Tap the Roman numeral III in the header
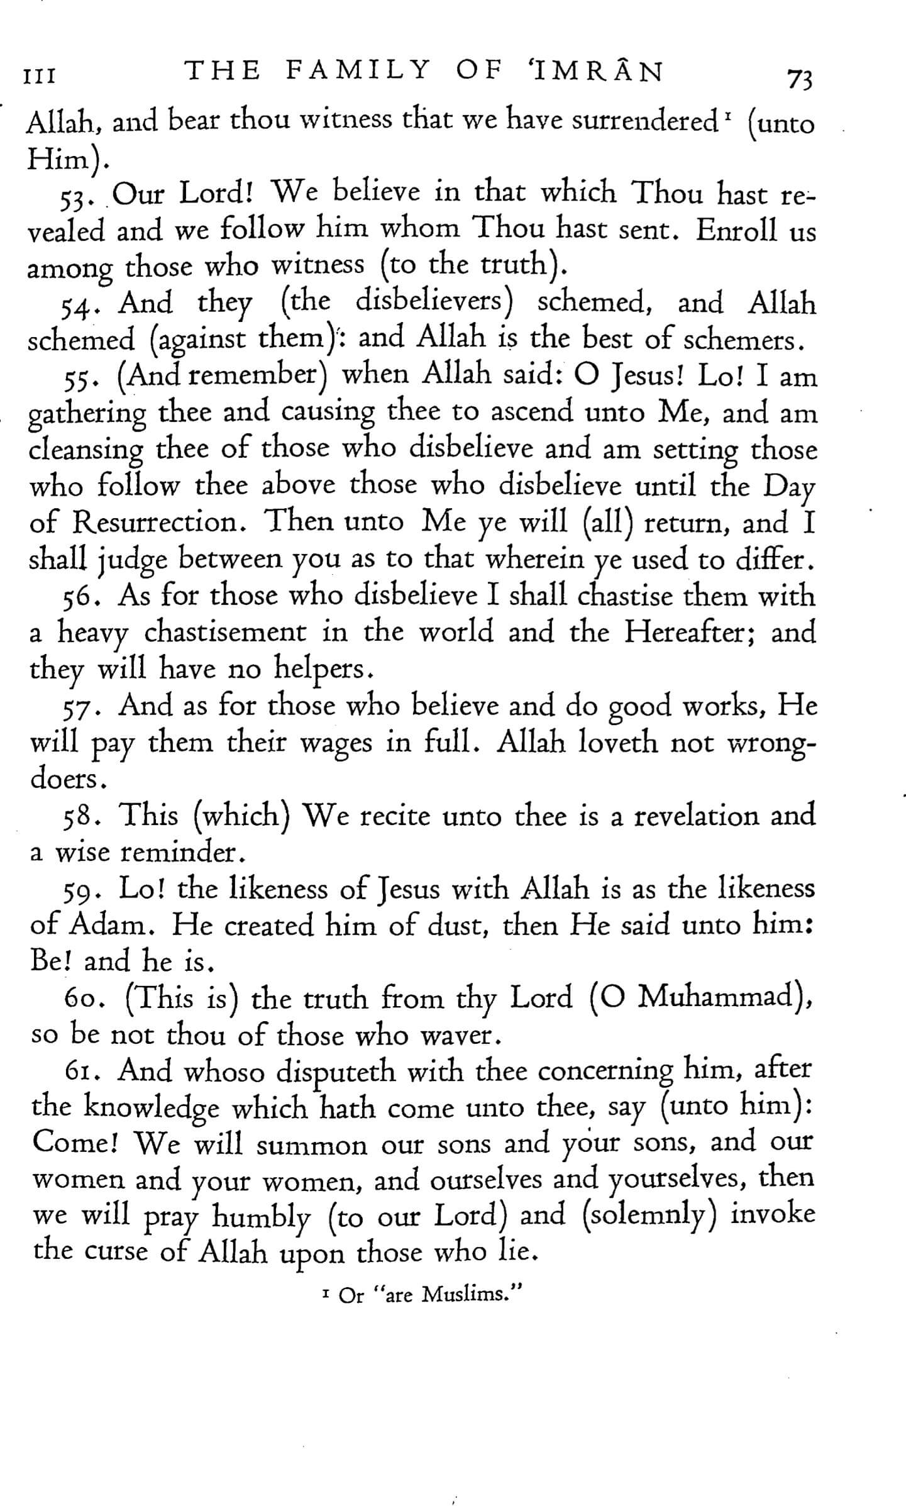(x=39, y=77)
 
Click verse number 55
(x=80, y=379)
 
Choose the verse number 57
(x=80, y=709)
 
